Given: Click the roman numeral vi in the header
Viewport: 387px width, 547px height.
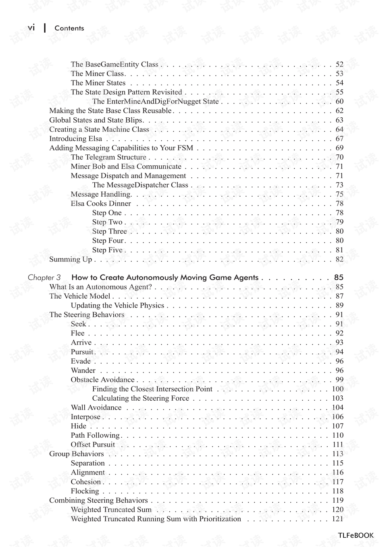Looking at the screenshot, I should coord(31,28).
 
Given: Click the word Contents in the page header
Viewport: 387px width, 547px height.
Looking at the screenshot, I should coord(69,28).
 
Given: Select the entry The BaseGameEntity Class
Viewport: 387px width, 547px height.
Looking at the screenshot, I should coord(114,64).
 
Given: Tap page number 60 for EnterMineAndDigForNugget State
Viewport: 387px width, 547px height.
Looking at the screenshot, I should coord(339,102).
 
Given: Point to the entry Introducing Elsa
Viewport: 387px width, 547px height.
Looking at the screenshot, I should coord(76,139).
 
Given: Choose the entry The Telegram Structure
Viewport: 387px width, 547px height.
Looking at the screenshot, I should coord(108,157).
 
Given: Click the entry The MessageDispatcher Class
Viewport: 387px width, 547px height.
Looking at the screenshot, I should coord(140,185).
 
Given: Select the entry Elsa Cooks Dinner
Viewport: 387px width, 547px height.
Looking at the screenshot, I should coord(101,204).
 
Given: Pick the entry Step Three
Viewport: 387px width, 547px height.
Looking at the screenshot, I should coord(109,231).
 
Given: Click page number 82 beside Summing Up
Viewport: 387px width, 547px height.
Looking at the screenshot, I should coord(339,259).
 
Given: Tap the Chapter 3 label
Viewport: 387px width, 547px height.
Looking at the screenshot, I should coord(44,278).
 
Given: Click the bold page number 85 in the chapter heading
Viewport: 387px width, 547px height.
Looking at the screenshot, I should coord(339,278).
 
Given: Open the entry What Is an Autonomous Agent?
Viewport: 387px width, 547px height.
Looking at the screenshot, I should coord(101,287).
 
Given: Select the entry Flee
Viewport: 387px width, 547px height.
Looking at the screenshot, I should coord(78,333).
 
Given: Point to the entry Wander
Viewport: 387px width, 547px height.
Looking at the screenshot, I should coord(83,370).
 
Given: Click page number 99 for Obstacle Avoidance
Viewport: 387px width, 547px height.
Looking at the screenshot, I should coord(339,380).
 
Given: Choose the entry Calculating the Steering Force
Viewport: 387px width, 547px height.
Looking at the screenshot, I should coord(141,398).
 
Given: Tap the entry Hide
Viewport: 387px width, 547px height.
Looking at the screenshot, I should coord(79,426).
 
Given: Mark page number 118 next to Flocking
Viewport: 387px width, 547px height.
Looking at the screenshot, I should coord(338,491).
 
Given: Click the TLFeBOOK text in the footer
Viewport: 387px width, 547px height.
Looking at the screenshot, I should coord(356,535).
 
